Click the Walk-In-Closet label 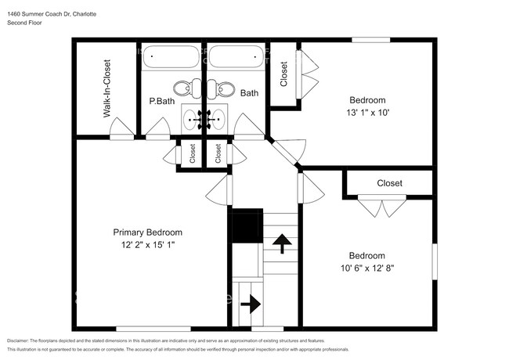tap(106, 89)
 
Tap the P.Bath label tap(161, 101)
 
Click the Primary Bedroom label tap(148, 232)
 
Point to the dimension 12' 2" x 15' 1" tap(148, 245)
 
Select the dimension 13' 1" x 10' tap(367, 112)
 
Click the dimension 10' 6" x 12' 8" tap(366, 268)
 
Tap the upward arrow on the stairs tap(278, 246)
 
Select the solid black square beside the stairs tap(247, 226)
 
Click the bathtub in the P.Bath tap(171, 59)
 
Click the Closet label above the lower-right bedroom tap(389, 183)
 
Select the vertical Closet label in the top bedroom tap(283, 74)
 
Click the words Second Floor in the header tap(24, 23)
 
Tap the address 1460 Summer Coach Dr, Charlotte tap(54, 13)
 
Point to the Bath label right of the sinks tap(249, 93)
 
